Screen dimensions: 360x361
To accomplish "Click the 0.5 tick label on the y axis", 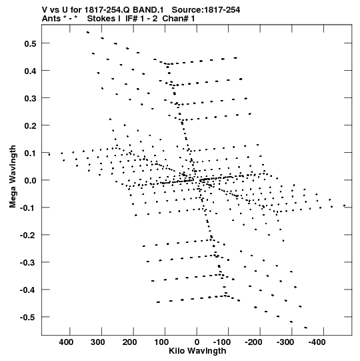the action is (x=30, y=43).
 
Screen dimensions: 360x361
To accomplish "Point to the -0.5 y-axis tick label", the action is (x=28, y=317).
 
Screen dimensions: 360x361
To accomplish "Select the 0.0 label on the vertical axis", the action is (x=30, y=180).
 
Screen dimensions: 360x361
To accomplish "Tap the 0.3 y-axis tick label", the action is (x=30, y=98).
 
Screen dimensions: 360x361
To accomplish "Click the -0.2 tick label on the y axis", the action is (x=28, y=235).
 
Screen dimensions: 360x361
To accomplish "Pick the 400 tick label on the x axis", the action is (x=66, y=342).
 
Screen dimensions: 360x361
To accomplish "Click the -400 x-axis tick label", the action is (x=317, y=342).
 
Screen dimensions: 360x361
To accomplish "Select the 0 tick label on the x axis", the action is (x=197, y=342).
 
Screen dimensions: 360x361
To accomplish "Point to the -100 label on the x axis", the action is (x=222, y=342).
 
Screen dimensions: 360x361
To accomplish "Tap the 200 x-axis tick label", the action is (x=129, y=342).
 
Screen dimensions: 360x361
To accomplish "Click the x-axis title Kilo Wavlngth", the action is (x=197, y=351).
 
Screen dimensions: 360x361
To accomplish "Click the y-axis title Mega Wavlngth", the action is (x=13, y=177).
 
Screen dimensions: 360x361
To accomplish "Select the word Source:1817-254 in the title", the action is (x=206, y=10).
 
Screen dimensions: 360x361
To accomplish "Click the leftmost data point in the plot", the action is (x=49, y=155).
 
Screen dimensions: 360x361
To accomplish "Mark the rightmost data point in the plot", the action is (x=345, y=206).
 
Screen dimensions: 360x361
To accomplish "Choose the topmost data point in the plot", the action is (x=87, y=33).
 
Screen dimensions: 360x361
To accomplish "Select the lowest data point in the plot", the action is (x=306, y=328).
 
